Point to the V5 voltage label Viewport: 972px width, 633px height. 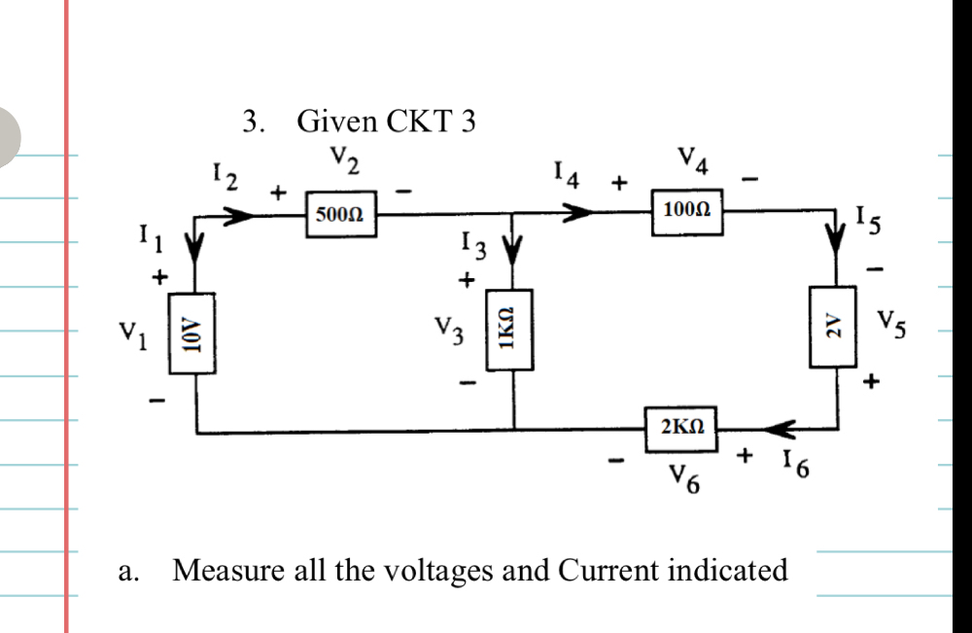[893, 322]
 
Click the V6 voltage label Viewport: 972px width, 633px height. [686, 476]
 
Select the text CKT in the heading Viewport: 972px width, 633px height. [417, 123]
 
